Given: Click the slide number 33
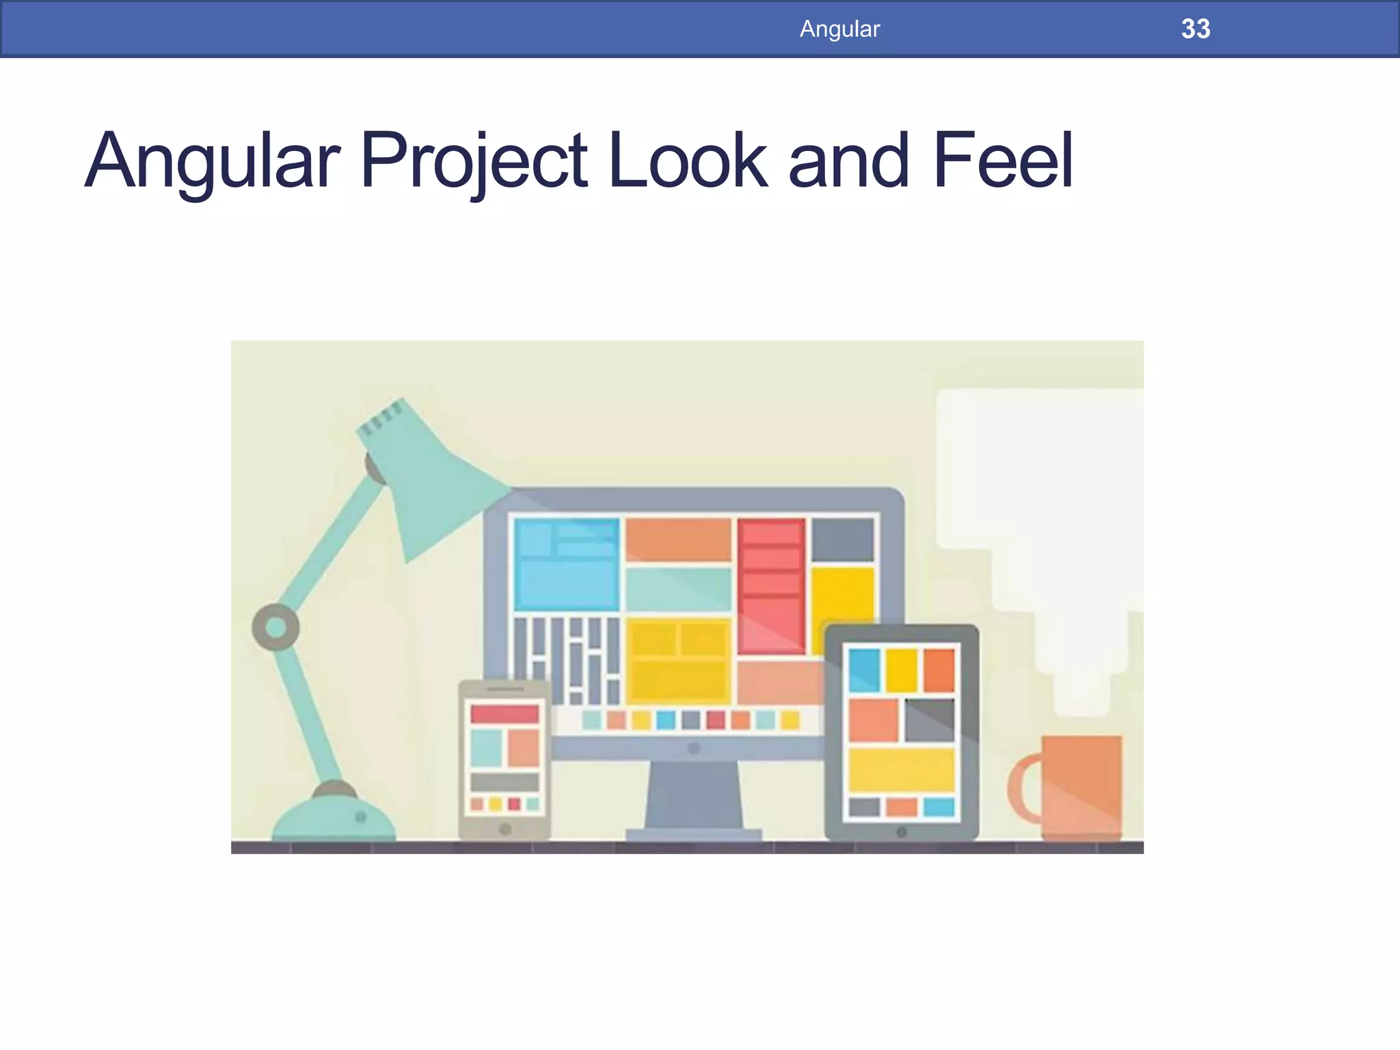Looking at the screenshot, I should (1195, 29).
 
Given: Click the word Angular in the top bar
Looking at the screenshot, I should (839, 29).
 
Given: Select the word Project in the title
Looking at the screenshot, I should (473, 161).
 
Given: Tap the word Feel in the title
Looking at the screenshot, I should (1002, 161).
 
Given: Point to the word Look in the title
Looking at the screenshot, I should (688, 161).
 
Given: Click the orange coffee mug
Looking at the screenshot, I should (1081, 786).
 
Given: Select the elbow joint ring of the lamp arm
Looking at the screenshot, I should (275, 627).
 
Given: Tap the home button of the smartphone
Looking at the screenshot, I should (505, 829).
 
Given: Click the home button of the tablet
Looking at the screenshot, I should (902, 832).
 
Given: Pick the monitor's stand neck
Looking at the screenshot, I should (693, 793).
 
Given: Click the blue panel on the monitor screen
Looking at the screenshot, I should (567, 564).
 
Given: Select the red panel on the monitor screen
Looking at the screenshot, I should (771, 584).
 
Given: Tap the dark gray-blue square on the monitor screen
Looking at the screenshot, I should (842, 539).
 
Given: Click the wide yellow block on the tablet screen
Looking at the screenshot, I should (901, 769).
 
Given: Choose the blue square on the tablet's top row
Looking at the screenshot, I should (864, 670).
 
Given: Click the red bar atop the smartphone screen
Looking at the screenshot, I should (504, 714).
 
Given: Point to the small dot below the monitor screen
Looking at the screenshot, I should (694, 749).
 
